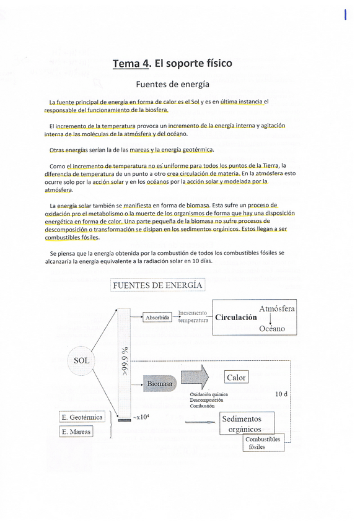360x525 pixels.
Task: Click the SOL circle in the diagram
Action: [x=81, y=360]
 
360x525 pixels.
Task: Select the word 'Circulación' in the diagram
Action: [x=236, y=318]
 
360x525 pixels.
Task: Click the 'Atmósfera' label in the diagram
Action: [x=276, y=308]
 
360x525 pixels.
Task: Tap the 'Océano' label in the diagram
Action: [x=272, y=329]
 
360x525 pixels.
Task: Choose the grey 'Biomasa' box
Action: [x=160, y=384]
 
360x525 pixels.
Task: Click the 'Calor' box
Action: [x=236, y=377]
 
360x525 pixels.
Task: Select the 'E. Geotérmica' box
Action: [x=82, y=417]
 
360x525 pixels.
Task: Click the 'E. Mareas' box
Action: [x=76, y=432]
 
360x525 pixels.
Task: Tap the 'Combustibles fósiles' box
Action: [x=263, y=443]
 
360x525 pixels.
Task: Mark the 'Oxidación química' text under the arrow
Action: [x=209, y=394]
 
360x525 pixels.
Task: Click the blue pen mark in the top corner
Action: [x=345, y=14]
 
